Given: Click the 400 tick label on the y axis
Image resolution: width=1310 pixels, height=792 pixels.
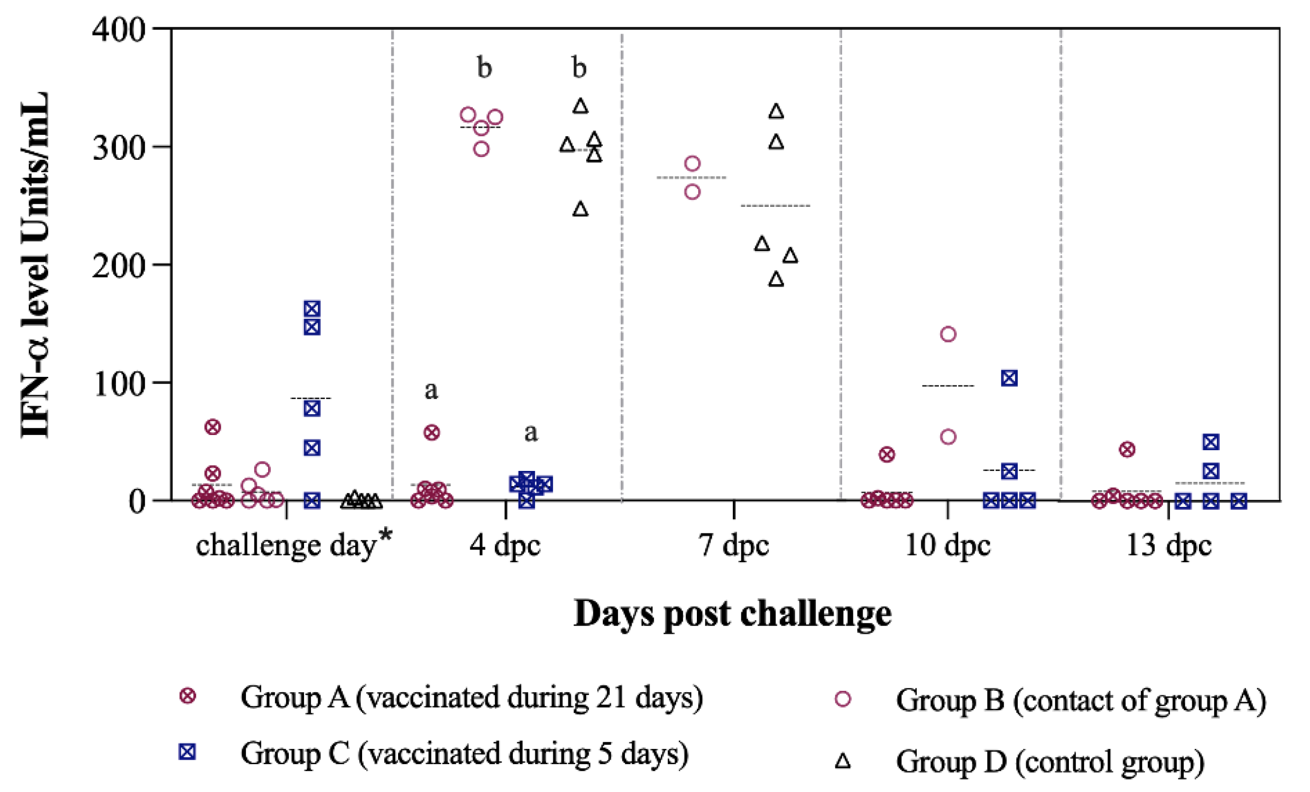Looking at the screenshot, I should click(119, 30).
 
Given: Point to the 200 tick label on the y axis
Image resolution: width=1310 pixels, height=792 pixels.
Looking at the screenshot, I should click(119, 265).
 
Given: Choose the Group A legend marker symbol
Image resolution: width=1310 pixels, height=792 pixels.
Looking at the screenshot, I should click(187, 696).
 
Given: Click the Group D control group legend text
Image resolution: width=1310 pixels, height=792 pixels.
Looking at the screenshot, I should click(1050, 761).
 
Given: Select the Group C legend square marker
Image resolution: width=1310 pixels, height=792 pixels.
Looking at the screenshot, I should click(187, 752).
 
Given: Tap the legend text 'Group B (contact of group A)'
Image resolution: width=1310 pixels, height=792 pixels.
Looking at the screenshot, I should click(1081, 701).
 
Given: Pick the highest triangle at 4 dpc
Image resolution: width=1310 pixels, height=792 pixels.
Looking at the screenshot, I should click(581, 106).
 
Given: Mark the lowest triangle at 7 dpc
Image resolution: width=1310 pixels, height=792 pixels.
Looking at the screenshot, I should click(776, 279).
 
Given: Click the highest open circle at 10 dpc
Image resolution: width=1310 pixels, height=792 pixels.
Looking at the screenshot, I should click(948, 334).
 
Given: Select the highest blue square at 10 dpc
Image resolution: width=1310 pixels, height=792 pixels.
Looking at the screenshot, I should click(1009, 378).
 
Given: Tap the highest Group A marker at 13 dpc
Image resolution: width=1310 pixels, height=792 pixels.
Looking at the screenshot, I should click(1127, 450).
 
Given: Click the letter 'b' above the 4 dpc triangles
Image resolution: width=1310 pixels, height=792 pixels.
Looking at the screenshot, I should click(579, 68).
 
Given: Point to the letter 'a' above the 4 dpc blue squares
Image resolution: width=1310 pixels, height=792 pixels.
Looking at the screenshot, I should click(530, 433).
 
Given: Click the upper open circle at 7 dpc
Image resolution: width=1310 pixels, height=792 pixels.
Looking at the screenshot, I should click(692, 163).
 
